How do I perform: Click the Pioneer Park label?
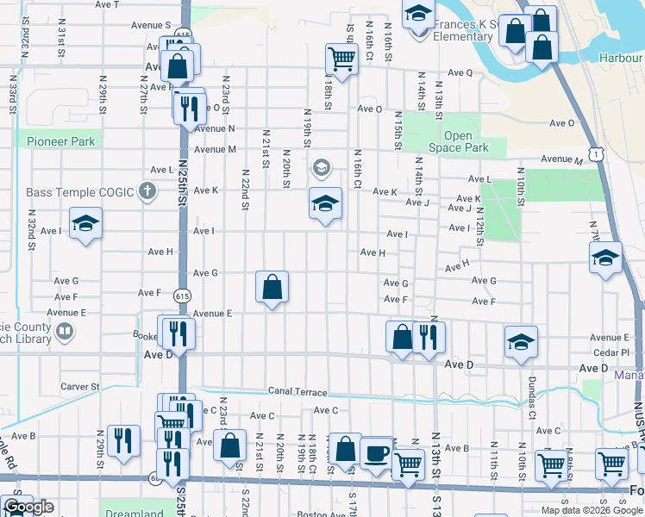(60, 140)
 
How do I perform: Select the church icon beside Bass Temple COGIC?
(147, 190)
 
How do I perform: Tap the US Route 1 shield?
(595, 153)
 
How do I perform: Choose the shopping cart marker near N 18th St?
(341, 59)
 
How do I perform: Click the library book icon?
(65, 331)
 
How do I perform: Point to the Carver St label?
(80, 388)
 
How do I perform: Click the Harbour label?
(621, 58)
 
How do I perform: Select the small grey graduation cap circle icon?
(322, 167)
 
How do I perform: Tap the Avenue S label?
(151, 26)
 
